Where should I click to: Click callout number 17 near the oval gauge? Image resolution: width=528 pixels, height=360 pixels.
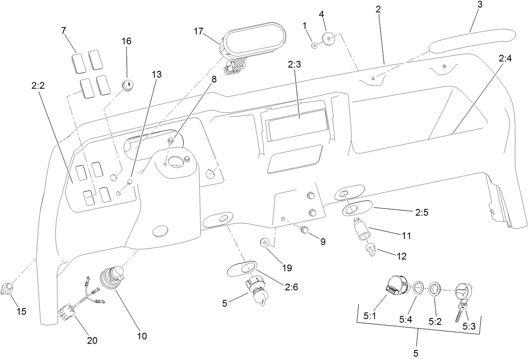click(x=199, y=31)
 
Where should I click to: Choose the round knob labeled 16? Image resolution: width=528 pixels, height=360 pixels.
click(x=127, y=85)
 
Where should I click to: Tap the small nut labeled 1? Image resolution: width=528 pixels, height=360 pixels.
click(x=314, y=44)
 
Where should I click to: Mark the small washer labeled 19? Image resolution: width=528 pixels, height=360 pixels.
click(x=265, y=242)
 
